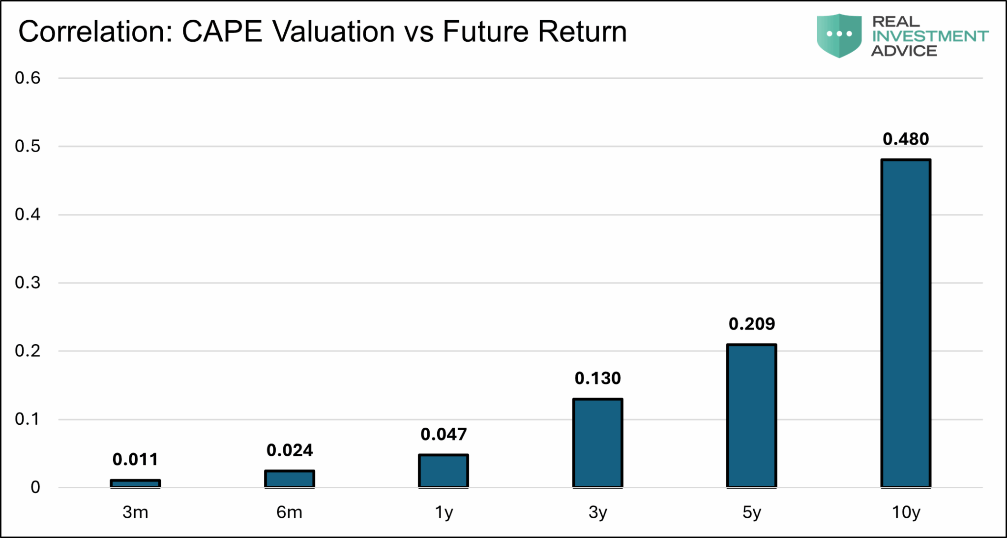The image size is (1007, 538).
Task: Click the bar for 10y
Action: pyautogui.click(x=906, y=323)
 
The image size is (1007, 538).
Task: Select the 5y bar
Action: pyautogui.click(x=751, y=415)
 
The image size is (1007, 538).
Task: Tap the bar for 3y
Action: pyautogui.click(x=597, y=443)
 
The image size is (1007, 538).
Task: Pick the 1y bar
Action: pyautogui.click(x=444, y=471)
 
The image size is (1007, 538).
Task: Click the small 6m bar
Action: pyautogui.click(x=290, y=478)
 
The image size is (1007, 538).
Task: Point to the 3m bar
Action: pyautogui.click(x=135, y=483)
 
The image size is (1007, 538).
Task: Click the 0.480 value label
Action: pyautogui.click(x=906, y=139)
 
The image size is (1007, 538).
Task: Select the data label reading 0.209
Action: pyautogui.click(x=751, y=324)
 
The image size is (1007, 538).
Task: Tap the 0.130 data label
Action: pyautogui.click(x=597, y=378)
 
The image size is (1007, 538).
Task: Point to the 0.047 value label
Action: pyautogui.click(x=444, y=434)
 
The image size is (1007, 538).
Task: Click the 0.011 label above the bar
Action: pyautogui.click(x=135, y=459)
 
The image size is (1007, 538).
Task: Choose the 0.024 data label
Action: pyautogui.click(x=290, y=450)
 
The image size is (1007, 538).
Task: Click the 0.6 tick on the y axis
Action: pyautogui.click(x=28, y=78)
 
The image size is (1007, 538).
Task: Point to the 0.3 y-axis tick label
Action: pyautogui.click(x=28, y=283)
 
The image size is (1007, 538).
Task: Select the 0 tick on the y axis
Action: pyautogui.click(x=35, y=487)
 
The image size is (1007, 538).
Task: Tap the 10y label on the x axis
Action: pyautogui.click(x=906, y=512)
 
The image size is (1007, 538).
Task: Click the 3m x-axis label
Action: pyautogui.click(x=135, y=512)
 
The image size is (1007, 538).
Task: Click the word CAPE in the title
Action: pyautogui.click(x=222, y=32)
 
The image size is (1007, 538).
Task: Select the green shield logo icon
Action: pyautogui.click(x=839, y=35)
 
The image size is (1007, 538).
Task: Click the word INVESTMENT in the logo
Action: pyautogui.click(x=930, y=36)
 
